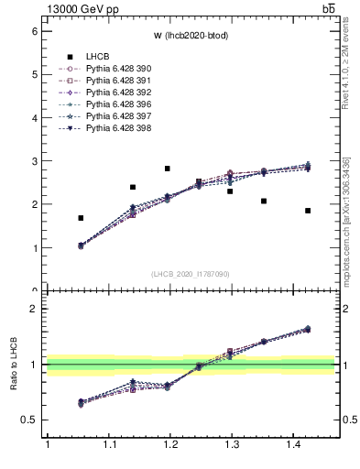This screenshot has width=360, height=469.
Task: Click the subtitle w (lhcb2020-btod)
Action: click(191, 35)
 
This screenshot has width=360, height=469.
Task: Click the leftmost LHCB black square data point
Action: click(81, 218)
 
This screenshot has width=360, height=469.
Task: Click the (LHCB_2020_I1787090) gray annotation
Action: click(191, 274)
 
